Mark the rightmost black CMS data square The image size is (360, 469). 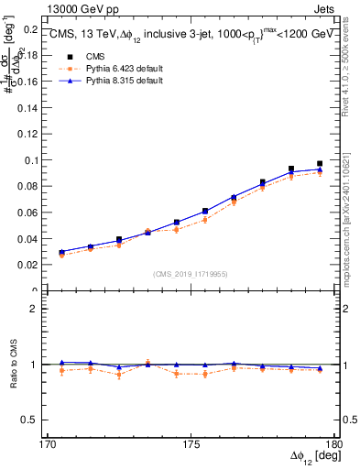tap(320, 164)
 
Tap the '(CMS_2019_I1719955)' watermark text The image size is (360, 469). tap(191, 273)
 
